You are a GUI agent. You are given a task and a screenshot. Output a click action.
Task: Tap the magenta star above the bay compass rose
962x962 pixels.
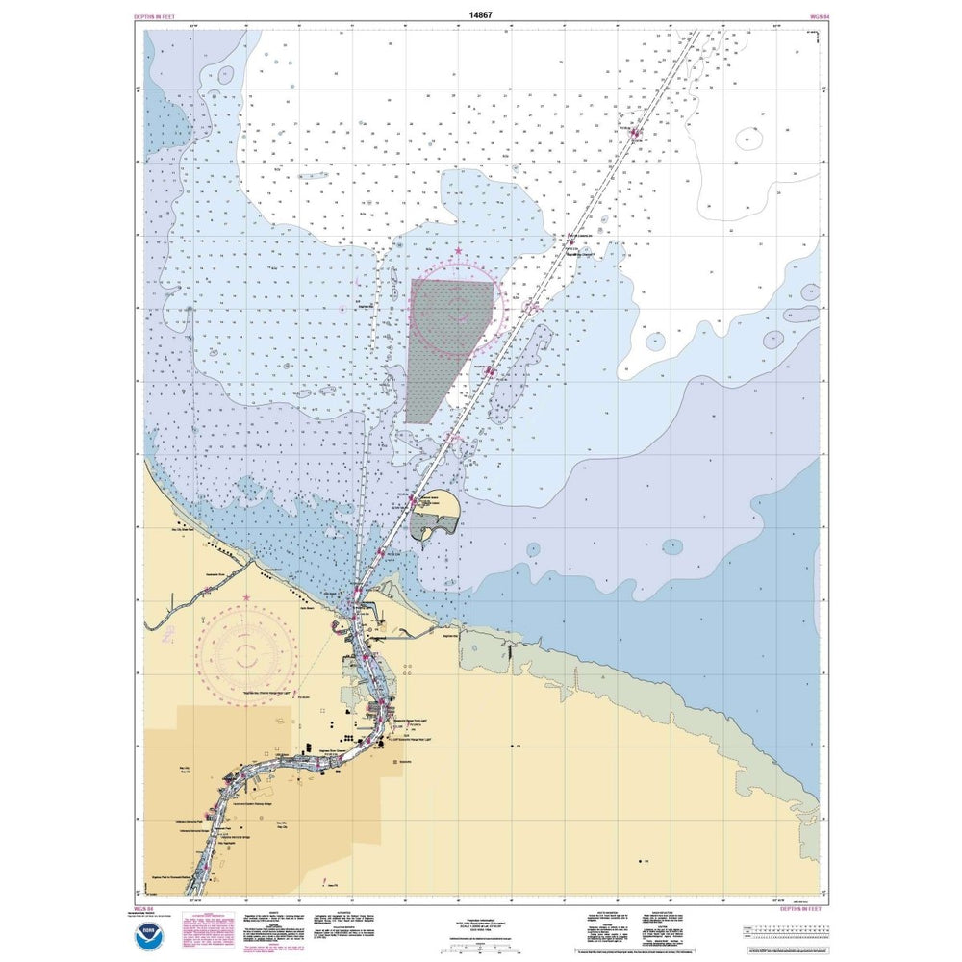(x=458, y=251)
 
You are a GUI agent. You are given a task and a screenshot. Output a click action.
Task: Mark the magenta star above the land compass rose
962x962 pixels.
(x=247, y=597)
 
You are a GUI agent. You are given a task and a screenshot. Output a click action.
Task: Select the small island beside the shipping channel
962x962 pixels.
(x=435, y=524)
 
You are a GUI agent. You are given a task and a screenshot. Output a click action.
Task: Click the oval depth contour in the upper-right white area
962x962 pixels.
(x=749, y=139)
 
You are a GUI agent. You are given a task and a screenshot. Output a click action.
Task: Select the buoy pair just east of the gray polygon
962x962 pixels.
(x=490, y=369)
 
